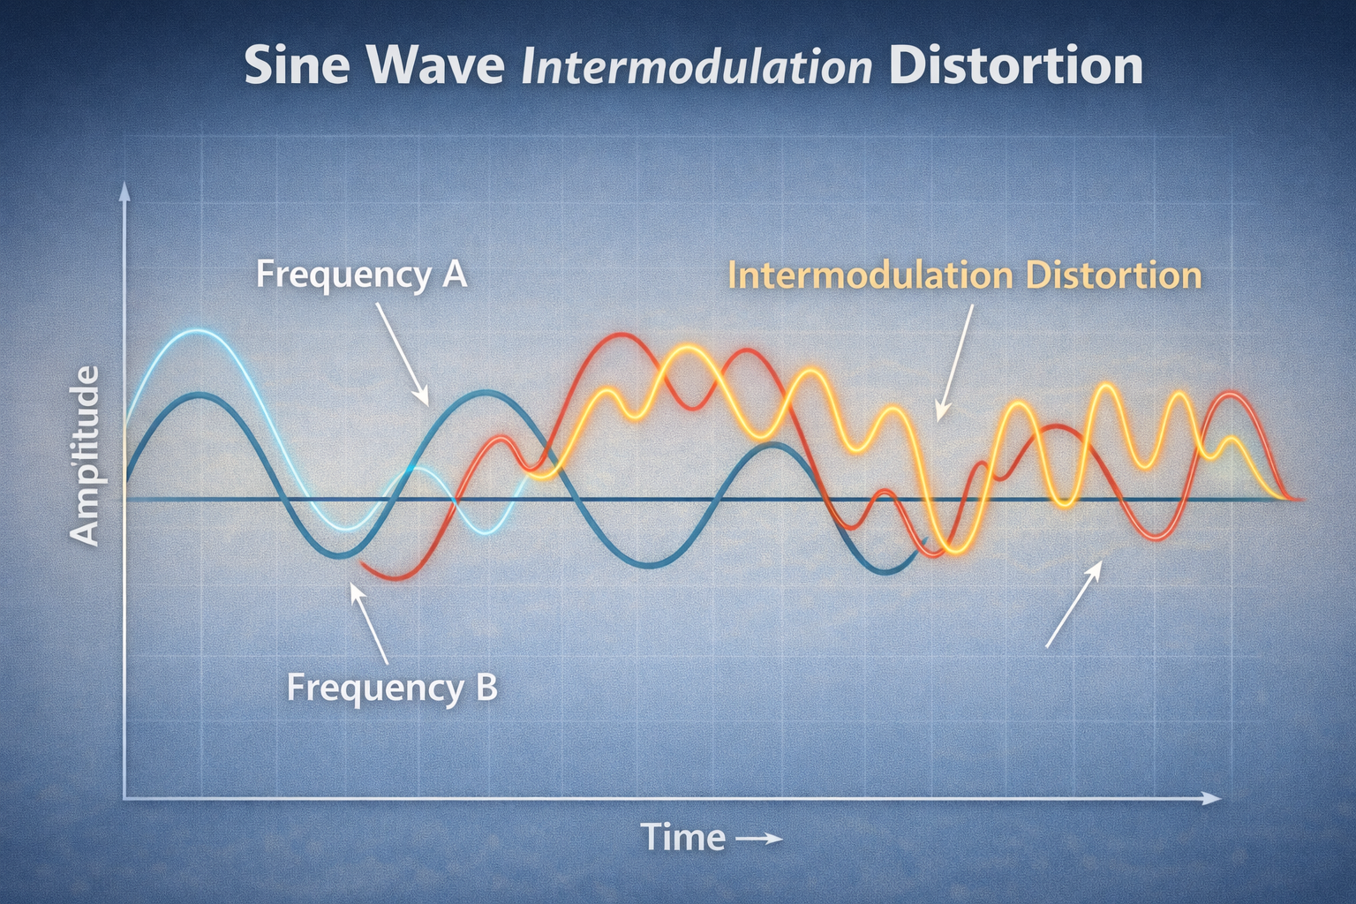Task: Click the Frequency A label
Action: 362,275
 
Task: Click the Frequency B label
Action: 392,689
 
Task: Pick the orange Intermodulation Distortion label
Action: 965,275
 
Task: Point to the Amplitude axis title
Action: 84,456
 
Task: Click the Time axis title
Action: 682,837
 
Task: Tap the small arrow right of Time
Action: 758,839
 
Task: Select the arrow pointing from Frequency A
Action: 403,354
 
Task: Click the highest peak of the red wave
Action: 615,335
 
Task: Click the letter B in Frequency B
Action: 486,688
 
